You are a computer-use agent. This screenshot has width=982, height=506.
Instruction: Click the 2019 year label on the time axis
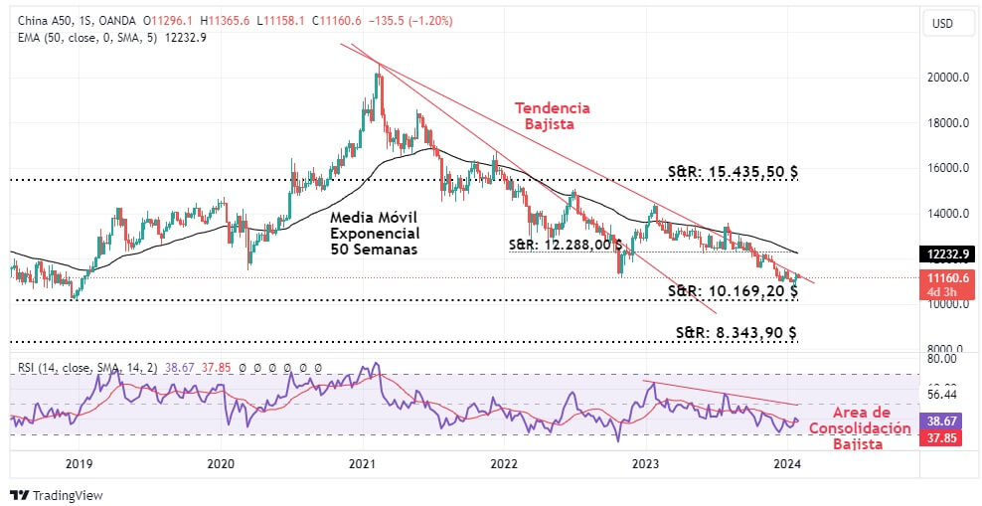pos(79,463)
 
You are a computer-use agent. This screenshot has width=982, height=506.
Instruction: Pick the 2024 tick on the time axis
pos(787,463)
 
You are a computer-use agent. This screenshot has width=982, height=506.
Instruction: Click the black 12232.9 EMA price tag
pos(944,253)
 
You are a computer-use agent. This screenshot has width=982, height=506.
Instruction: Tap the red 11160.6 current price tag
pos(944,283)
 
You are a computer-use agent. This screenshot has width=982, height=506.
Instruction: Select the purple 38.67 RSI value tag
pos(944,422)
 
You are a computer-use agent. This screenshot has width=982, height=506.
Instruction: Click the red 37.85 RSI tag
pos(944,438)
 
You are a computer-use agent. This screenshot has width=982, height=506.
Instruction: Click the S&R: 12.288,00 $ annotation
pos(566,244)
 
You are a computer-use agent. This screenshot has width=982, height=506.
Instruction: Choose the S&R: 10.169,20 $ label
pos(733,290)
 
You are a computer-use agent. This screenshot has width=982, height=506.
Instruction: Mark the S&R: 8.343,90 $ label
pos(736,332)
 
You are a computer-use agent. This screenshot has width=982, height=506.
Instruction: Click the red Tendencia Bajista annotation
pos(552,116)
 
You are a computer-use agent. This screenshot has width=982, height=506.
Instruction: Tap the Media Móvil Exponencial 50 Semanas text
pos(375,234)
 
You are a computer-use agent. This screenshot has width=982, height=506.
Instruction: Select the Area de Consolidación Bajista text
pos(859,428)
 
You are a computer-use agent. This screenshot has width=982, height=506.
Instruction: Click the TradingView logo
pos(57,495)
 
